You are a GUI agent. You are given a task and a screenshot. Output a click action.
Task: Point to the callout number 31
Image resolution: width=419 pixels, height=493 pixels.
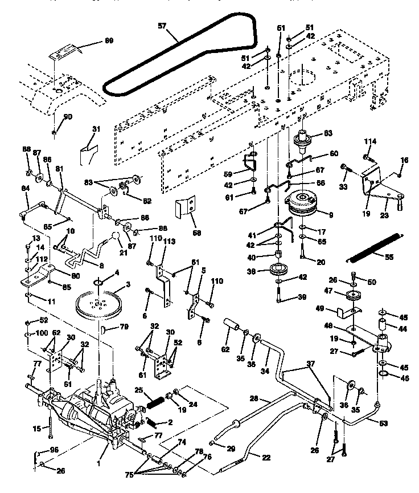(x=96, y=129)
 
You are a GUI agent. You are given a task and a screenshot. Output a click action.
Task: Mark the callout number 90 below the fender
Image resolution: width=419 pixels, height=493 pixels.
(x=68, y=117)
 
